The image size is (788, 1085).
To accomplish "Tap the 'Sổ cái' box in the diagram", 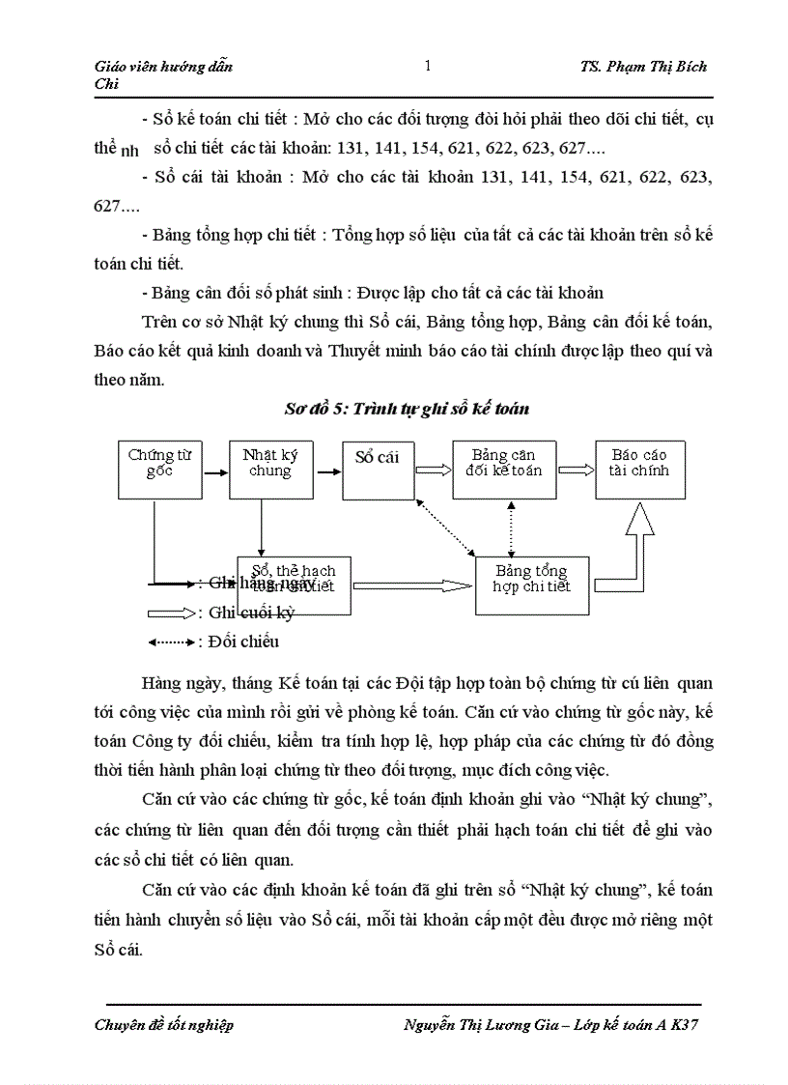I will pos(378,469).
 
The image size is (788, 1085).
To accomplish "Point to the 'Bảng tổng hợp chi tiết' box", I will pos(532,585).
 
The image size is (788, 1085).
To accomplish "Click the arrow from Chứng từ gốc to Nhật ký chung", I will pos(216,471).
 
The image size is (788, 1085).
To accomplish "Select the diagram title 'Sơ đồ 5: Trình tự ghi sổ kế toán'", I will pos(407,409).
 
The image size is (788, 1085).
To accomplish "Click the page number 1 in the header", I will pos(428,67).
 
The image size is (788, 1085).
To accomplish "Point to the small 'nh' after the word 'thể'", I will pos(131,151).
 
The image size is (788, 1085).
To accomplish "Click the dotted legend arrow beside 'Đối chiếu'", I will pos(170,642).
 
